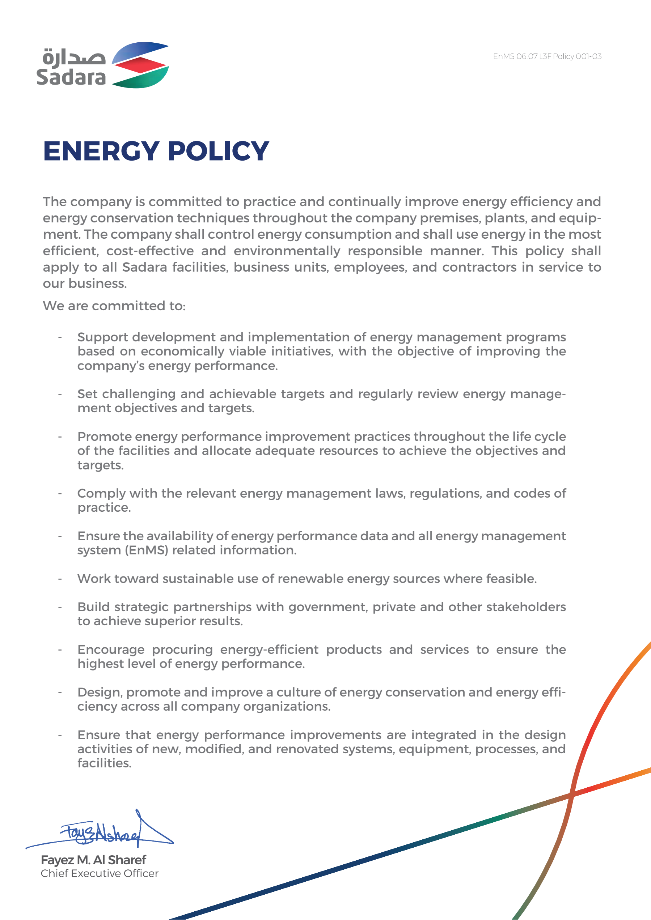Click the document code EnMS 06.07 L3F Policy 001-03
[x=547, y=56]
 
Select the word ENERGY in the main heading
[x=101, y=152]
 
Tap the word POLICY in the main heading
[x=219, y=152]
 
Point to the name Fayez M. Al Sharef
[x=93, y=860]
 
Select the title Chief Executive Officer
[x=100, y=873]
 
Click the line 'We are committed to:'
[x=114, y=306]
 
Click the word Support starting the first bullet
[x=103, y=337]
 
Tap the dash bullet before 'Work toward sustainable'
[x=60, y=579]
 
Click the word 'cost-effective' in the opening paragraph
[x=150, y=251]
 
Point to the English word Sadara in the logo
[x=71, y=77]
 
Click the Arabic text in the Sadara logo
[x=74, y=57]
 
